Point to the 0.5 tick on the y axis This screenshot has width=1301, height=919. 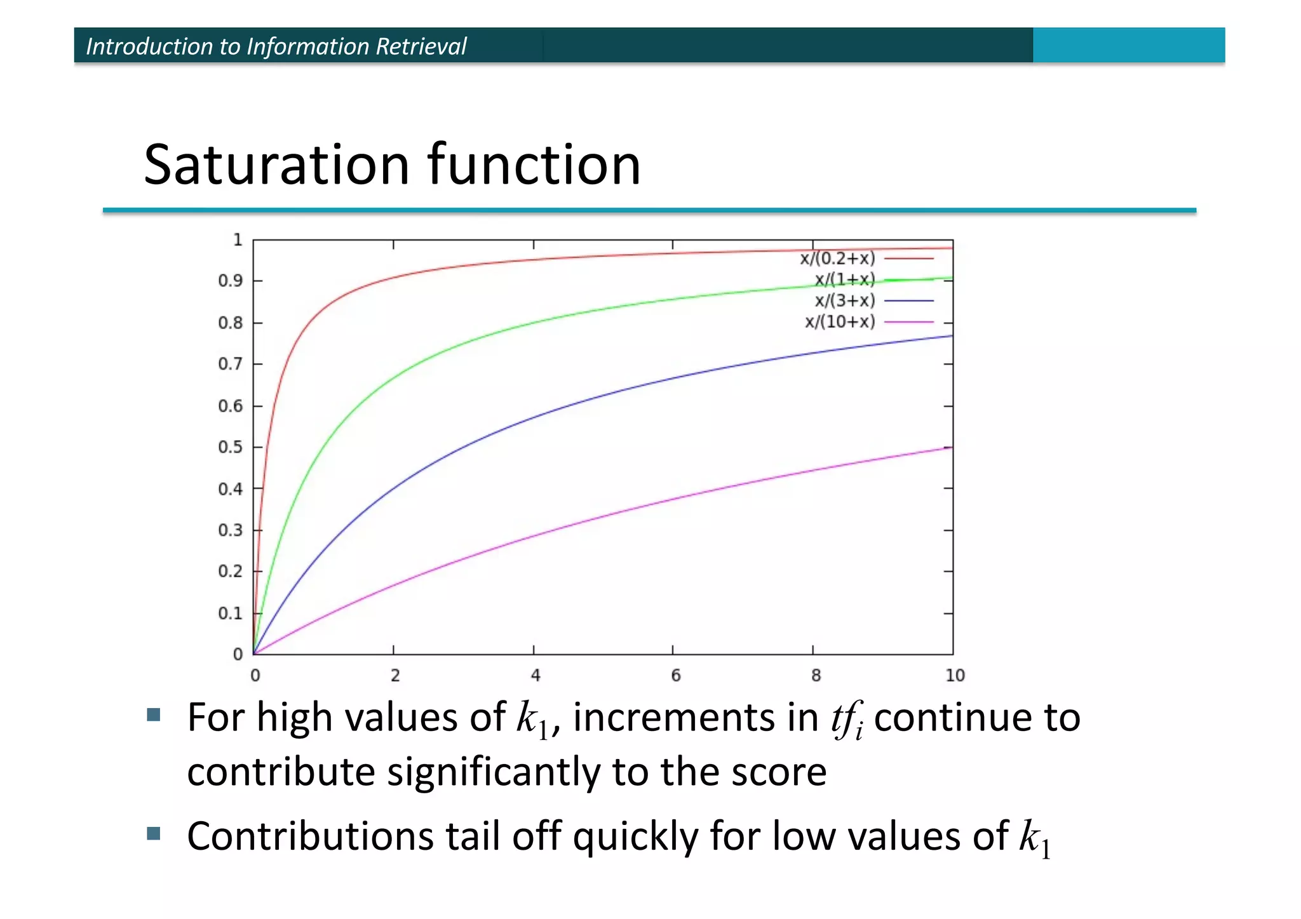tap(231, 447)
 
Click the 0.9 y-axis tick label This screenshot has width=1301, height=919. tap(231, 281)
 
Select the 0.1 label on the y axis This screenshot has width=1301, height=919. tap(231, 614)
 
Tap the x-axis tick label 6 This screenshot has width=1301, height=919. tap(675, 676)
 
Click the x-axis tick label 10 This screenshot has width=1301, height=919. tap(955, 676)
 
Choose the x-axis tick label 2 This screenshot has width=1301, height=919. tap(395, 676)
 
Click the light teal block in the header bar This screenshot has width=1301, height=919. tap(1128, 45)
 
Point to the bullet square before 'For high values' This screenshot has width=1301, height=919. tap(153, 715)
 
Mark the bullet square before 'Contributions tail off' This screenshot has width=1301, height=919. tap(153, 833)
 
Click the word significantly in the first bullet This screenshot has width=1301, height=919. tap(493, 773)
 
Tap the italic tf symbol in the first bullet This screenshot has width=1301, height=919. tap(847, 718)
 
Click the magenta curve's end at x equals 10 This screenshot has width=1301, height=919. tap(951, 448)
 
